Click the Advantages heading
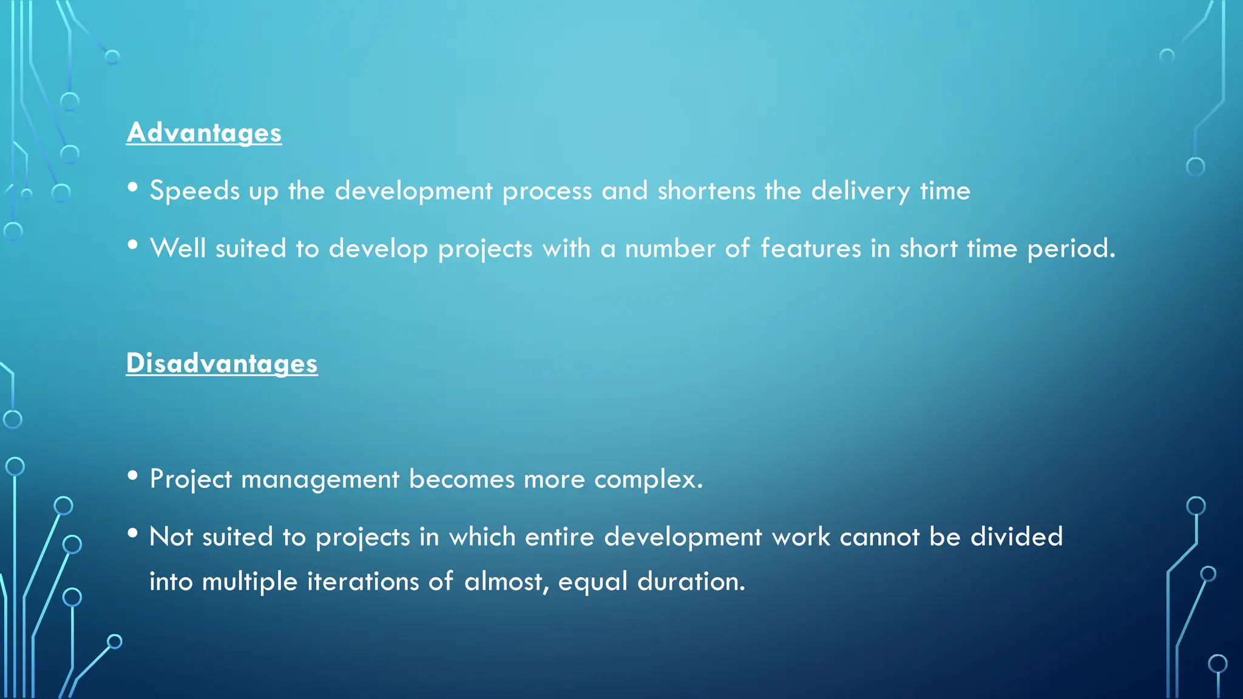tap(204, 133)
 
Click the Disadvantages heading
tap(222, 363)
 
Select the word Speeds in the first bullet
tap(195, 191)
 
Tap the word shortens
tap(706, 191)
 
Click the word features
tap(811, 249)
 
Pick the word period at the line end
tap(1071, 249)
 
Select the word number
tap(670, 249)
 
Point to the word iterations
tap(363, 582)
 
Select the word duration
tap(691, 582)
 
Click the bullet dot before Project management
tap(133, 476)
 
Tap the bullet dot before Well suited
tap(133, 245)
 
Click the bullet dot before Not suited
tap(133, 533)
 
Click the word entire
tap(559, 537)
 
